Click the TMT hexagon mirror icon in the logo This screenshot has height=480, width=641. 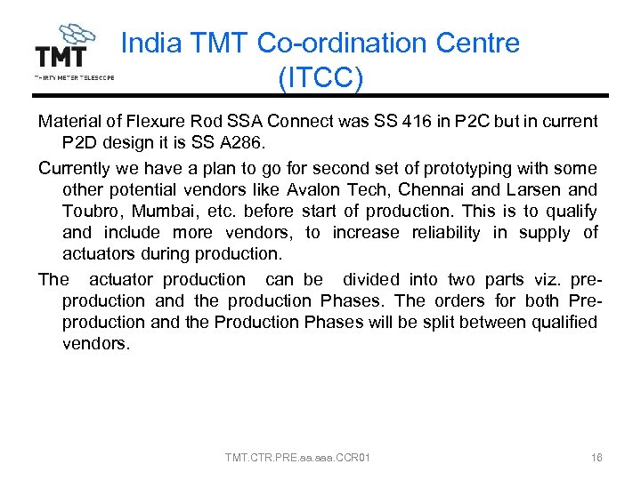tap(77, 35)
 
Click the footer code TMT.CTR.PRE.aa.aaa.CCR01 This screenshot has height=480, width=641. tap(298, 458)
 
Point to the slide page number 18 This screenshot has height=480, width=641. tap(596, 458)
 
